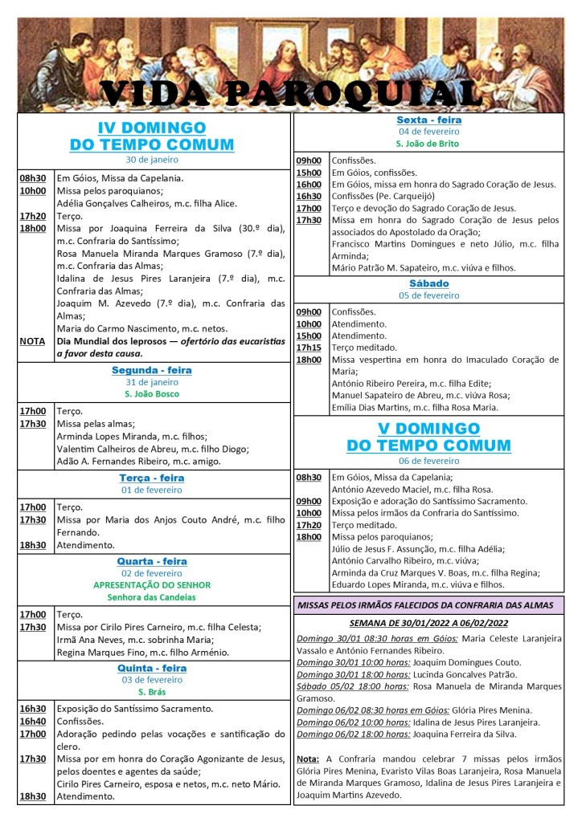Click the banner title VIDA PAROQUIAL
(x=291, y=94)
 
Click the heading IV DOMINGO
(x=152, y=128)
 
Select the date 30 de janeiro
(x=152, y=161)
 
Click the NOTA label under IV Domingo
(x=32, y=341)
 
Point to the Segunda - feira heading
(x=152, y=370)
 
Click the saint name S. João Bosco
(x=152, y=394)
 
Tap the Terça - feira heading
(x=152, y=478)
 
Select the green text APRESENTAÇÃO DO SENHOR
(x=152, y=585)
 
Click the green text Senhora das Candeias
(x=152, y=597)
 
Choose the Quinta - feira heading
(x=152, y=668)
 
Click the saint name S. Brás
(x=152, y=692)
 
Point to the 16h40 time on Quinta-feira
(x=33, y=722)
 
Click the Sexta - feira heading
(x=428, y=120)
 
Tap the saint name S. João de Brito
(x=428, y=144)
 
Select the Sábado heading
(x=428, y=283)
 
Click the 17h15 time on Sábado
(x=309, y=348)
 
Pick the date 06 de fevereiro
(x=428, y=461)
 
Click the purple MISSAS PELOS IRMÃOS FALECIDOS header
(x=428, y=604)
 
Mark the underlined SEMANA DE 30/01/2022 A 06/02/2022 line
(x=428, y=622)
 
